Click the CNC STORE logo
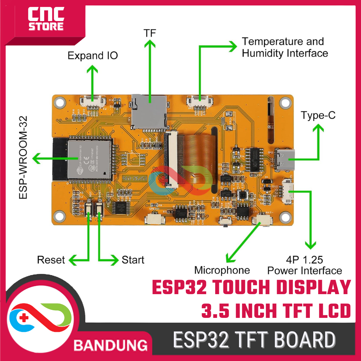(46, 20)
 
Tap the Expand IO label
(93, 55)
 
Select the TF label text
(150, 33)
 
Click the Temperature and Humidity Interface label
(285, 47)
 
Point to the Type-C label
(318, 116)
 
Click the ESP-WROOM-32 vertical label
(23, 157)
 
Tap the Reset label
(51, 260)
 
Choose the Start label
(133, 260)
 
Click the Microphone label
(222, 270)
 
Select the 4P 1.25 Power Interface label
(305, 265)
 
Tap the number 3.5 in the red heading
(214, 311)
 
